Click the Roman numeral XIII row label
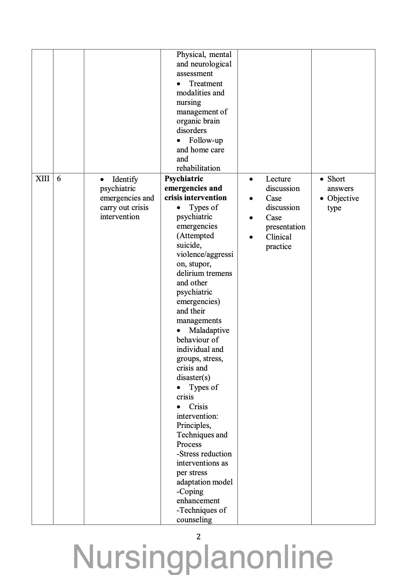pyautogui.click(x=43, y=179)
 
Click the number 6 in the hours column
pyautogui.click(x=59, y=179)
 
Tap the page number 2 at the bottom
pyautogui.click(x=198, y=537)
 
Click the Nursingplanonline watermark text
pyautogui.click(x=203, y=557)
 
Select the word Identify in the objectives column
pyautogui.click(x=125, y=180)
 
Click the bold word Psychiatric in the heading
pyautogui.click(x=184, y=179)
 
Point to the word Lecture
pyautogui.click(x=278, y=179)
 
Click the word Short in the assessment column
pyautogui.click(x=336, y=179)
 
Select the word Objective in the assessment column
pyautogui.click(x=343, y=199)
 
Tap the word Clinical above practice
pyautogui.click(x=279, y=237)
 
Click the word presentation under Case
pyautogui.click(x=285, y=227)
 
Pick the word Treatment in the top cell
pyautogui.click(x=205, y=84)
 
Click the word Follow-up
pyautogui.click(x=206, y=141)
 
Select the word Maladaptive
pyautogui.click(x=209, y=331)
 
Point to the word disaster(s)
pyautogui.click(x=193, y=378)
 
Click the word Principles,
pyautogui.click(x=194, y=426)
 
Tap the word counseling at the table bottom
pyautogui.click(x=194, y=520)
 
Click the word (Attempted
pyautogui.click(x=195, y=236)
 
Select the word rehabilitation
pyautogui.click(x=198, y=168)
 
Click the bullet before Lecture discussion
pyautogui.click(x=251, y=179)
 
